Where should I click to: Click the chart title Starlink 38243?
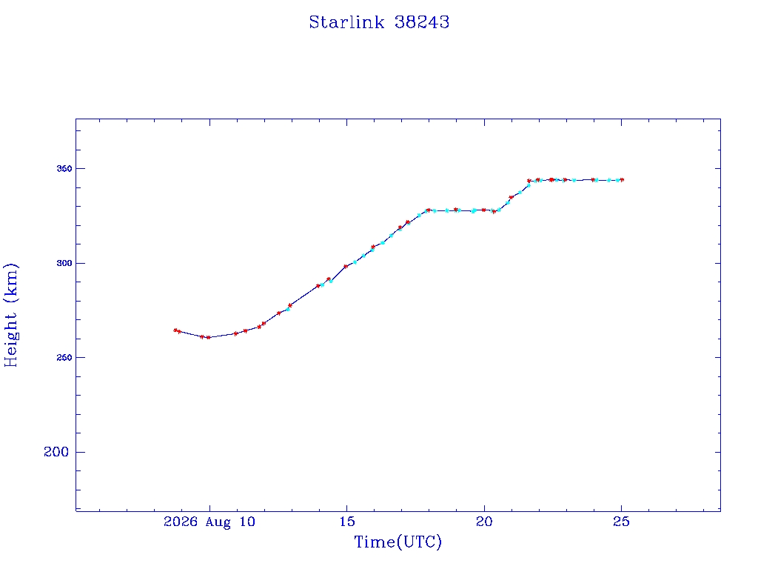click(x=379, y=22)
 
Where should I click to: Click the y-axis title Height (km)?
click(x=10, y=315)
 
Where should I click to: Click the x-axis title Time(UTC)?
click(x=398, y=542)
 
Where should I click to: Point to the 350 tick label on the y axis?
click(x=64, y=168)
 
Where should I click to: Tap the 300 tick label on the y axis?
click(x=64, y=263)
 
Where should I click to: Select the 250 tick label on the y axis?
click(x=64, y=358)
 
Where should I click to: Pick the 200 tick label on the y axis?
click(x=56, y=452)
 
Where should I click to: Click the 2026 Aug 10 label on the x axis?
click(x=209, y=522)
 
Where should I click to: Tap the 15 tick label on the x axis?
click(x=347, y=522)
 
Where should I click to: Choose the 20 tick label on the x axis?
click(x=484, y=522)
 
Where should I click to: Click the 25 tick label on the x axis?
click(x=621, y=522)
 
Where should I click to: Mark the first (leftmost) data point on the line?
click(x=175, y=330)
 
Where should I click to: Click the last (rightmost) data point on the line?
click(x=622, y=179)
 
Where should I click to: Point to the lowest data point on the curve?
click(x=208, y=337)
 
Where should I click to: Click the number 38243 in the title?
click(x=422, y=22)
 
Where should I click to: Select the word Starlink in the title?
click(x=346, y=22)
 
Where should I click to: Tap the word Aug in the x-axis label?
click(x=218, y=522)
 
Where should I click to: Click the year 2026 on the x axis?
click(x=181, y=522)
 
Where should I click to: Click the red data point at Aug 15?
click(x=346, y=266)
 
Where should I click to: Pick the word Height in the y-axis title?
click(x=10, y=339)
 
